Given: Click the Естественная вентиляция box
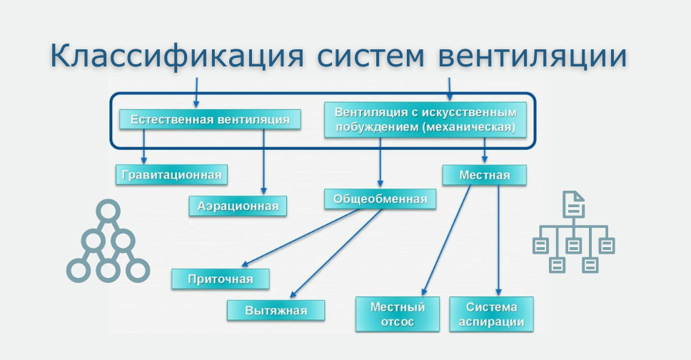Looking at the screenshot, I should tap(209, 119).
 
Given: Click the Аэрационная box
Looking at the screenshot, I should tap(238, 206).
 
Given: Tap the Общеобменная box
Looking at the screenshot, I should tap(380, 199).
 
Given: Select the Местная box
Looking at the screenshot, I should tap(484, 175).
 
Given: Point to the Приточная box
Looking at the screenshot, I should tap(221, 279).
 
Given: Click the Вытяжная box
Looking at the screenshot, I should tap(276, 310).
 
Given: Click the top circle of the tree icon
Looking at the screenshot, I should tap(108, 211).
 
